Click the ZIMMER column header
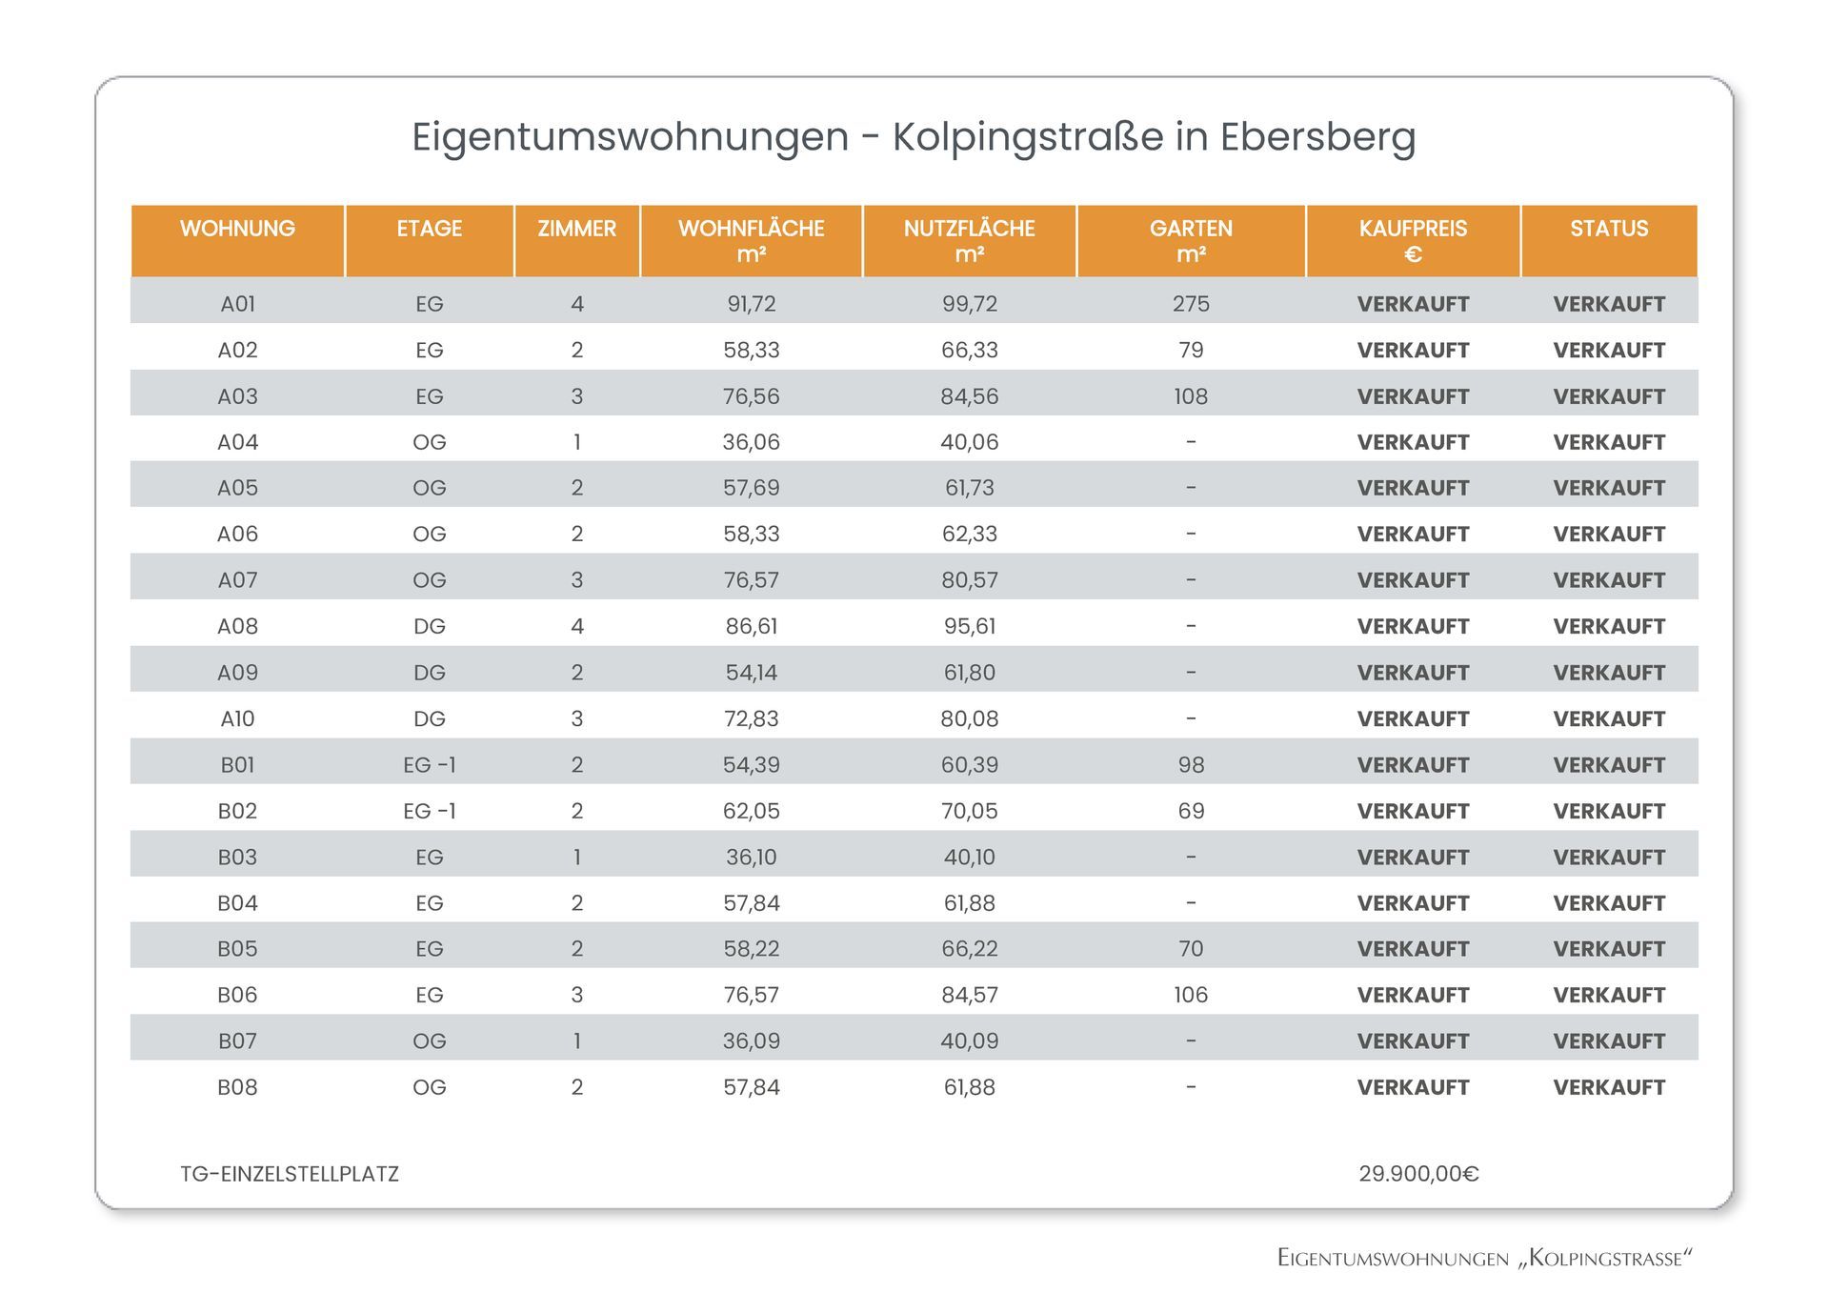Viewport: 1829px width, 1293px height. pyautogui.click(x=576, y=229)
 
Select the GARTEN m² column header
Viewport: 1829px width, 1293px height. pyautogui.click(x=1191, y=241)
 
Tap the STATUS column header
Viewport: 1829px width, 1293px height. pyautogui.click(x=1609, y=229)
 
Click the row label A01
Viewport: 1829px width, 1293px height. pyautogui.click(x=237, y=304)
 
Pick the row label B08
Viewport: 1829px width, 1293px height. pyautogui.click(x=237, y=1087)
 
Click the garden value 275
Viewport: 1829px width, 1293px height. pyautogui.click(x=1191, y=304)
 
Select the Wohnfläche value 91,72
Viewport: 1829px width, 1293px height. pyautogui.click(x=752, y=304)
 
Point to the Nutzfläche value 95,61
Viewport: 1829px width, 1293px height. pyautogui.click(x=970, y=626)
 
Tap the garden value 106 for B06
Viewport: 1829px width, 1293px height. pyautogui.click(x=1191, y=995)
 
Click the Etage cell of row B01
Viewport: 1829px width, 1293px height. pyautogui.click(x=430, y=765)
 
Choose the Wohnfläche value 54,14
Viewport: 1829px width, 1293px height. pyautogui.click(x=752, y=673)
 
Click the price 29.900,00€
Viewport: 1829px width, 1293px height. pyautogui.click(x=1418, y=1174)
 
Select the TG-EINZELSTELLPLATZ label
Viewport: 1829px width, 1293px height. pyautogui.click(x=290, y=1174)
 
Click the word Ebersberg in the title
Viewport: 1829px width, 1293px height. pyautogui.click(x=1318, y=137)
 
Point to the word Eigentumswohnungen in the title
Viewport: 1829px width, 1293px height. pyautogui.click(x=630, y=138)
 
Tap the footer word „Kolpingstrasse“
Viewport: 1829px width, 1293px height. pyautogui.click(x=1605, y=1259)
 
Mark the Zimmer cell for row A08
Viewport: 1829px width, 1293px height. pyautogui.click(x=576, y=626)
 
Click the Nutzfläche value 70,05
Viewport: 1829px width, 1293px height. pyautogui.click(x=970, y=811)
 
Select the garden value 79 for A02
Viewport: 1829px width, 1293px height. pyautogui.click(x=1191, y=350)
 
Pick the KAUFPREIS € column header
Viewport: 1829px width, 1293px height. pyautogui.click(x=1413, y=241)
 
